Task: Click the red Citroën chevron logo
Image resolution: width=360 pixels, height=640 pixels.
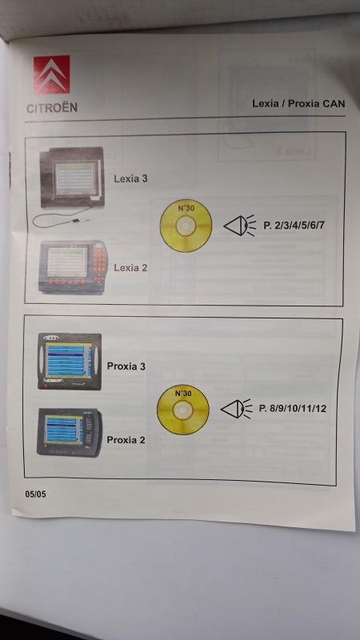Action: click(51, 74)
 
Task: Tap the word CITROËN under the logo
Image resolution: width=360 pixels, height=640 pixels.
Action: click(52, 108)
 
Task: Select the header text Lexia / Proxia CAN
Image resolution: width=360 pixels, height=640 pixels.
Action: click(298, 103)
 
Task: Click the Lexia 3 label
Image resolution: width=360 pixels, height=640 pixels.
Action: click(130, 178)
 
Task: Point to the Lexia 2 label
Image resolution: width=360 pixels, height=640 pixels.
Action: click(130, 268)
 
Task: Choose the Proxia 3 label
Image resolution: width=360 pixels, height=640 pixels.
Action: click(126, 366)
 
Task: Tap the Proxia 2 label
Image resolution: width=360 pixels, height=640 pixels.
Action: click(126, 440)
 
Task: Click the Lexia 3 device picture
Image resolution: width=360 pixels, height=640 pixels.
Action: click(72, 178)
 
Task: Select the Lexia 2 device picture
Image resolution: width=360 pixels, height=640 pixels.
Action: click(73, 267)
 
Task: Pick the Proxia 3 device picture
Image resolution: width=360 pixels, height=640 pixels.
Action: click(70, 362)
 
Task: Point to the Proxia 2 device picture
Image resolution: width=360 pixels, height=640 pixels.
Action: click(70, 433)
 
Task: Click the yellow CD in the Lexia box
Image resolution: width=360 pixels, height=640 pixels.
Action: click(186, 226)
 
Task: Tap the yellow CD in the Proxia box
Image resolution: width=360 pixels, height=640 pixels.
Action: click(183, 410)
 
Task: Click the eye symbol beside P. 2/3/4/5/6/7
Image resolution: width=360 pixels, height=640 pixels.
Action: click(239, 226)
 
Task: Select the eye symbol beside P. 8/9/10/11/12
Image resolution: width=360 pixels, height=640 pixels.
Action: click(237, 409)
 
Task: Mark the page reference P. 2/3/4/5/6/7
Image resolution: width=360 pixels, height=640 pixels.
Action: click(294, 225)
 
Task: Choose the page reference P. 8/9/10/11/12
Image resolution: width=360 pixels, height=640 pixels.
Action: click(293, 409)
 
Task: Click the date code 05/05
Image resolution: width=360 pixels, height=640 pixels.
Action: click(35, 494)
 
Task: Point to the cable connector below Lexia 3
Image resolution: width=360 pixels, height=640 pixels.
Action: click(76, 221)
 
